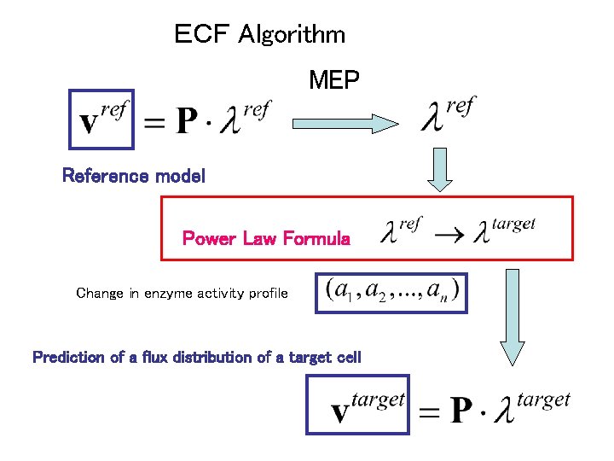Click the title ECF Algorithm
point(259,35)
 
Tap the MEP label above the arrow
point(334,81)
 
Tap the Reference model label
point(134,177)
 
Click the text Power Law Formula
point(266,239)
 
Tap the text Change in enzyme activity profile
point(182,294)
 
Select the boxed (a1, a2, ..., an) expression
point(391,293)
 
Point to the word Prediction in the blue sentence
point(70,357)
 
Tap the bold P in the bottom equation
point(461,411)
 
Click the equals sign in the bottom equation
point(431,413)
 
